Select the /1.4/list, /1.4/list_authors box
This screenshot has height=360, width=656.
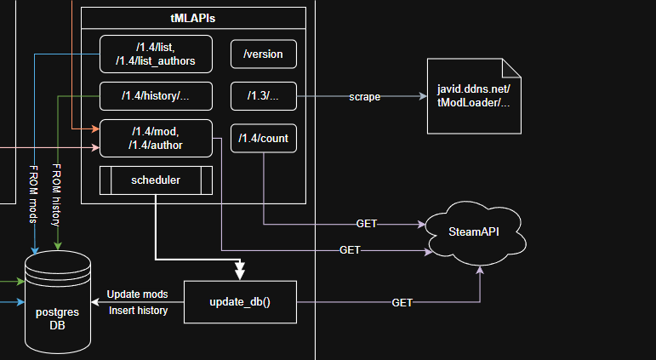(x=153, y=53)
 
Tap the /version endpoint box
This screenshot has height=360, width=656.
(x=263, y=54)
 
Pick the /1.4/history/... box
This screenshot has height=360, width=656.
(x=153, y=96)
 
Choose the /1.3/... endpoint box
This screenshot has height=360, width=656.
(x=263, y=96)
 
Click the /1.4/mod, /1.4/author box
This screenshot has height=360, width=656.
(x=153, y=139)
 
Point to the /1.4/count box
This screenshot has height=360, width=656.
(x=263, y=138)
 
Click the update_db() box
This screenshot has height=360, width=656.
(x=239, y=302)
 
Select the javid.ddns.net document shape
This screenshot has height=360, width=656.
(x=473, y=96)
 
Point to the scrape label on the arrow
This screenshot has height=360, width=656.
(x=364, y=97)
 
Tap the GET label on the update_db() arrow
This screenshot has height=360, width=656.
(x=403, y=302)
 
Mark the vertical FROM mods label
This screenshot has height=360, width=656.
(x=35, y=192)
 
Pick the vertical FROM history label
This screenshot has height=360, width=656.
(x=57, y=192)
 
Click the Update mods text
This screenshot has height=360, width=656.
(x=137, y=294)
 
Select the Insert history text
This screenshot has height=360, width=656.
(x=139, y=311)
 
